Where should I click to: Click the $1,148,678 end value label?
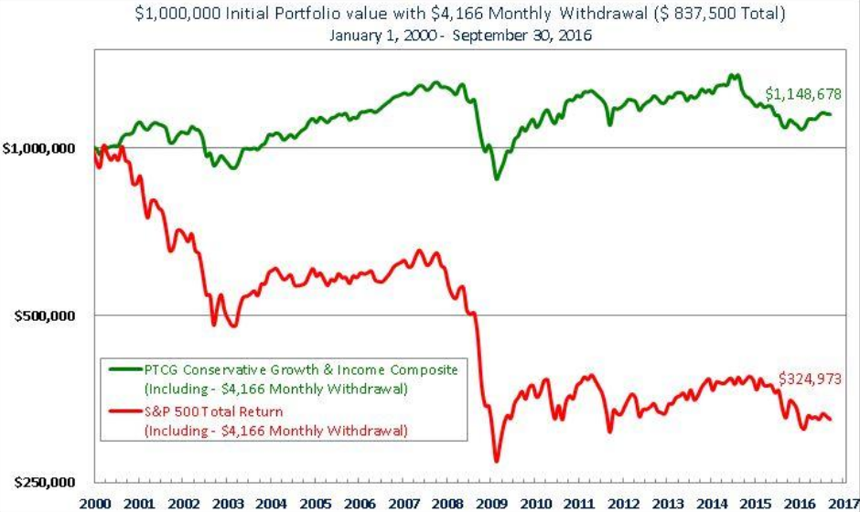803,94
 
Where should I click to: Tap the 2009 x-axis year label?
494,504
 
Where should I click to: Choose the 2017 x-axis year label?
842,504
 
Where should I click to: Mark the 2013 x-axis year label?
669,504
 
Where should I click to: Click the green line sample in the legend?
122,369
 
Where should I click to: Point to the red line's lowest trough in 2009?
497,460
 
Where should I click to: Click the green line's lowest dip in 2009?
497,177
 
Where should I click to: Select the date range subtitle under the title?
429,37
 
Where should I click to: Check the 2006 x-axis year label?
360,504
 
